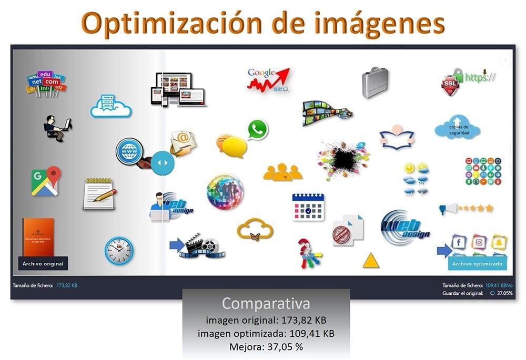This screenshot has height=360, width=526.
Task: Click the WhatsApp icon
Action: coord(257,129)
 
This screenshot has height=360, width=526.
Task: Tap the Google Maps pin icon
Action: coord(45,181)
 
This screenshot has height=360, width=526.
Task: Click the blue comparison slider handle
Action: coord(162,162)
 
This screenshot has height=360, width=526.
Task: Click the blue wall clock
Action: coord(118,250)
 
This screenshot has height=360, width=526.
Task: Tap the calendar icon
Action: coord(308,207)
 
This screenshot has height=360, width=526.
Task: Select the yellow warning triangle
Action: coord(371,260)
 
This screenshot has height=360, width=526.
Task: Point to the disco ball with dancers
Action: coord(225,192)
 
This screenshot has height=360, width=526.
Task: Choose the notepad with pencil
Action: coord(99,193)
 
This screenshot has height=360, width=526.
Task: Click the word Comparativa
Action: coord(266,303)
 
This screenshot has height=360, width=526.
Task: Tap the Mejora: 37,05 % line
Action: coord(266,346)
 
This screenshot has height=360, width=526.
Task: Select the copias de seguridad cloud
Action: coord(457,128)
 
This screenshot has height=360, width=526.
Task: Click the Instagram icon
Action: coord(479,242)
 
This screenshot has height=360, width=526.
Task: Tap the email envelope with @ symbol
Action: coord(183,142)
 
